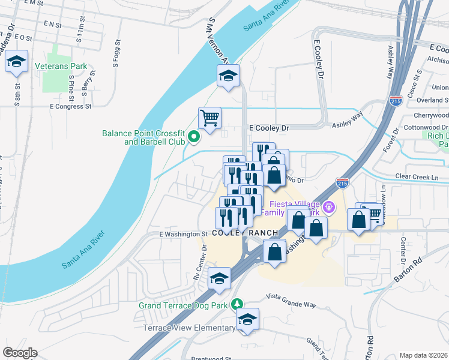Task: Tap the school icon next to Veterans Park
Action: click(x=17, y=61)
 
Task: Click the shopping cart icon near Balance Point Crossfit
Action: click(x=210, y=118)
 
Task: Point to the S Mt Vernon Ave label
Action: click(x=218, y=40)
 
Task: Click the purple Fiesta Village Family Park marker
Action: click(x=328, y=208)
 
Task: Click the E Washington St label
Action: click(x=182, y=234)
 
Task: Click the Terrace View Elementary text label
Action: click(x=189, y=328)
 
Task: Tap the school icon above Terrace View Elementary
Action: click(x=246, y=319)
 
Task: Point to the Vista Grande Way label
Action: click(x=291, y=305)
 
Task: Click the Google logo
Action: click(x=20, y=353)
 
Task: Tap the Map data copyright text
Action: click(x=423, y=355)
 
